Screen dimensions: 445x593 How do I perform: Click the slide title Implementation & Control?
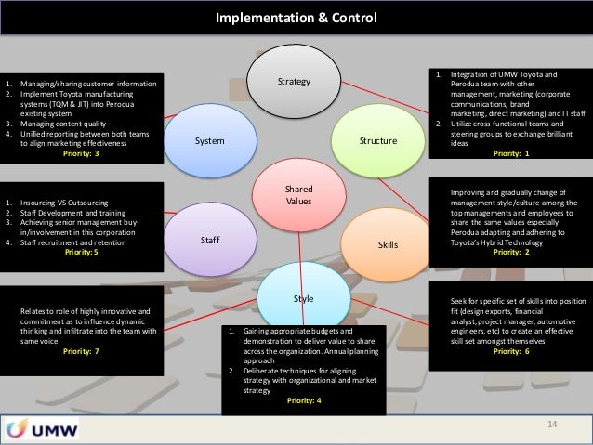point(296,18)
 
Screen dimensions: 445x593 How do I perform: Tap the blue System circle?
point(210,140)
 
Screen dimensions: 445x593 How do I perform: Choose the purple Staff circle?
point(210,240)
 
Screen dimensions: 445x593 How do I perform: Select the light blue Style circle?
point(303,299)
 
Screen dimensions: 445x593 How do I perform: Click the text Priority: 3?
point(81,153)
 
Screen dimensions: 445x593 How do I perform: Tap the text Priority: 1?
point(513,153)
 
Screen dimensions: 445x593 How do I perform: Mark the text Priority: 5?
point(81,251)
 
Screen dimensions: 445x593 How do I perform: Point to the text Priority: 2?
point(513,251)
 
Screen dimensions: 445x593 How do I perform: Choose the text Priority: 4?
point(304,399)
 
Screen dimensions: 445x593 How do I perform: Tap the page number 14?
point(552,425)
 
